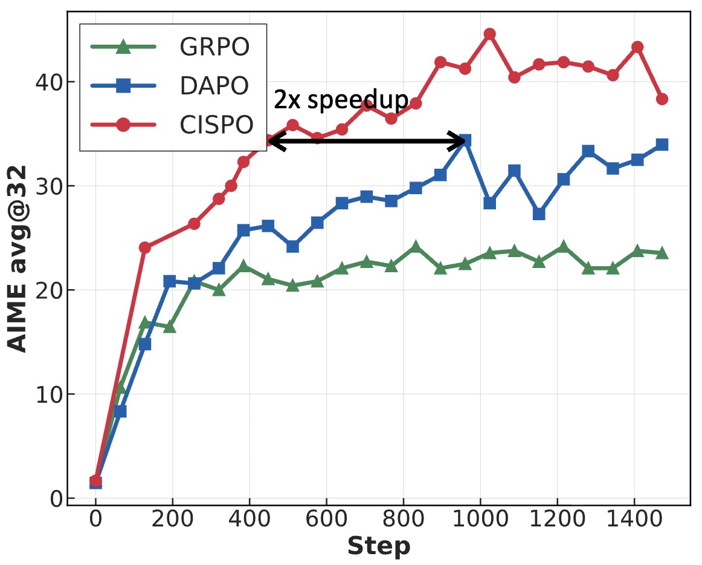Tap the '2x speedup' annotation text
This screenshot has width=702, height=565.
[x=341, y=100]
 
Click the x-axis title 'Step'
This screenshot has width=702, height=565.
[x=378, y=546]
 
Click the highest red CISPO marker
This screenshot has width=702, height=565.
[x=489, y=34]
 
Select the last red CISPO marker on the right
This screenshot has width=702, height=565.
[x=662, y=99]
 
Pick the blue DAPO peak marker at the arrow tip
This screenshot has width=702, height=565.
[x=465, y=141]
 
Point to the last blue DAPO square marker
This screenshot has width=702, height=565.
[x=662, y=145]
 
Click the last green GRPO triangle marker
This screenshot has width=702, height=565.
[x=662, y=253]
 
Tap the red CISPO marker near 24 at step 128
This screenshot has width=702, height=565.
[x=144, y=247]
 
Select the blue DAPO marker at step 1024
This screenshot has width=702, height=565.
[x=489, y=203]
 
